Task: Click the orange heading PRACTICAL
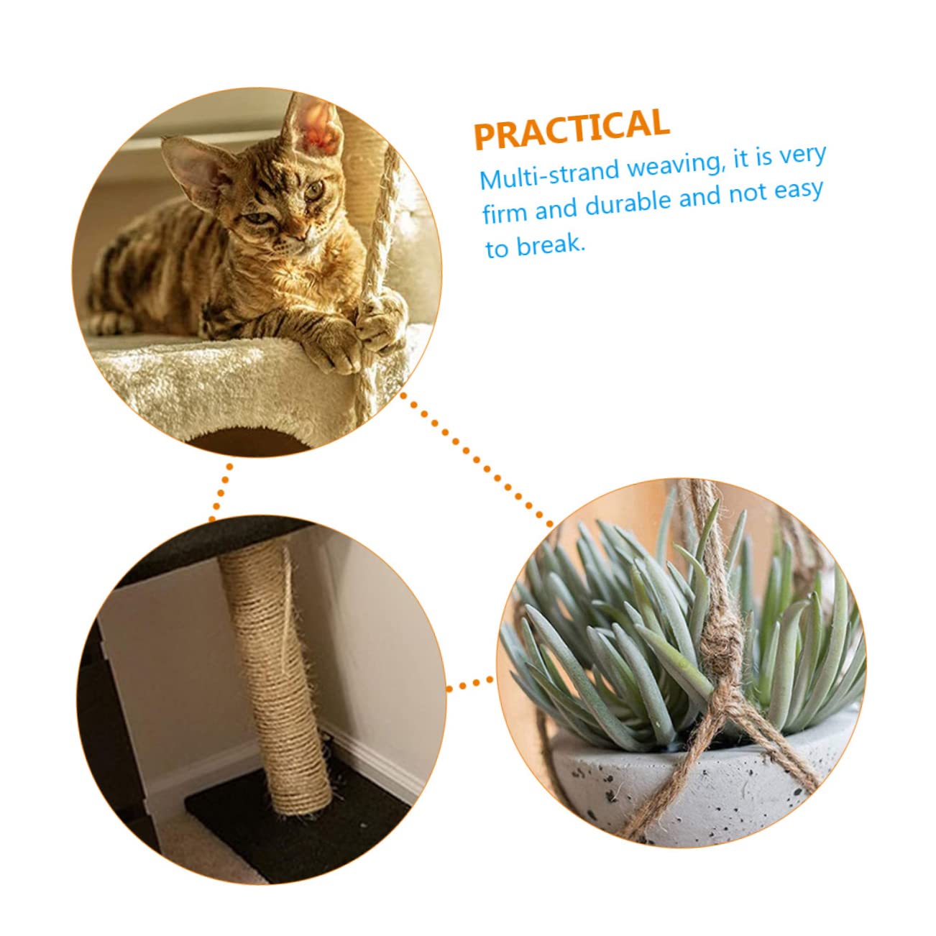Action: tap(572, 129)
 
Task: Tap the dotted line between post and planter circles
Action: tap(471, 684)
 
